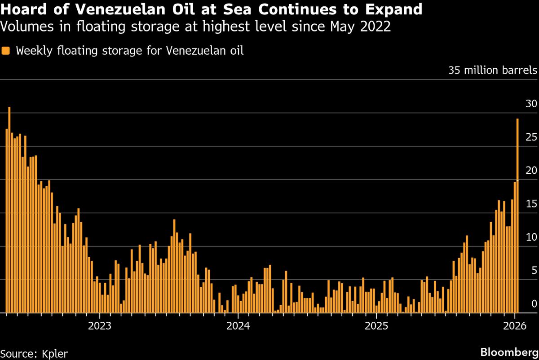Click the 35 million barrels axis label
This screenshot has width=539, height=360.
tap(492, 70)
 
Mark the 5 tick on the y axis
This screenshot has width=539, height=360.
tap(534, 270)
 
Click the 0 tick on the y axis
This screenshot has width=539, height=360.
tap(534, 304)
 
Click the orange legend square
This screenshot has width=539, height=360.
tap(5, 50)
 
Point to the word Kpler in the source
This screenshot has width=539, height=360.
tap(53, 353)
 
